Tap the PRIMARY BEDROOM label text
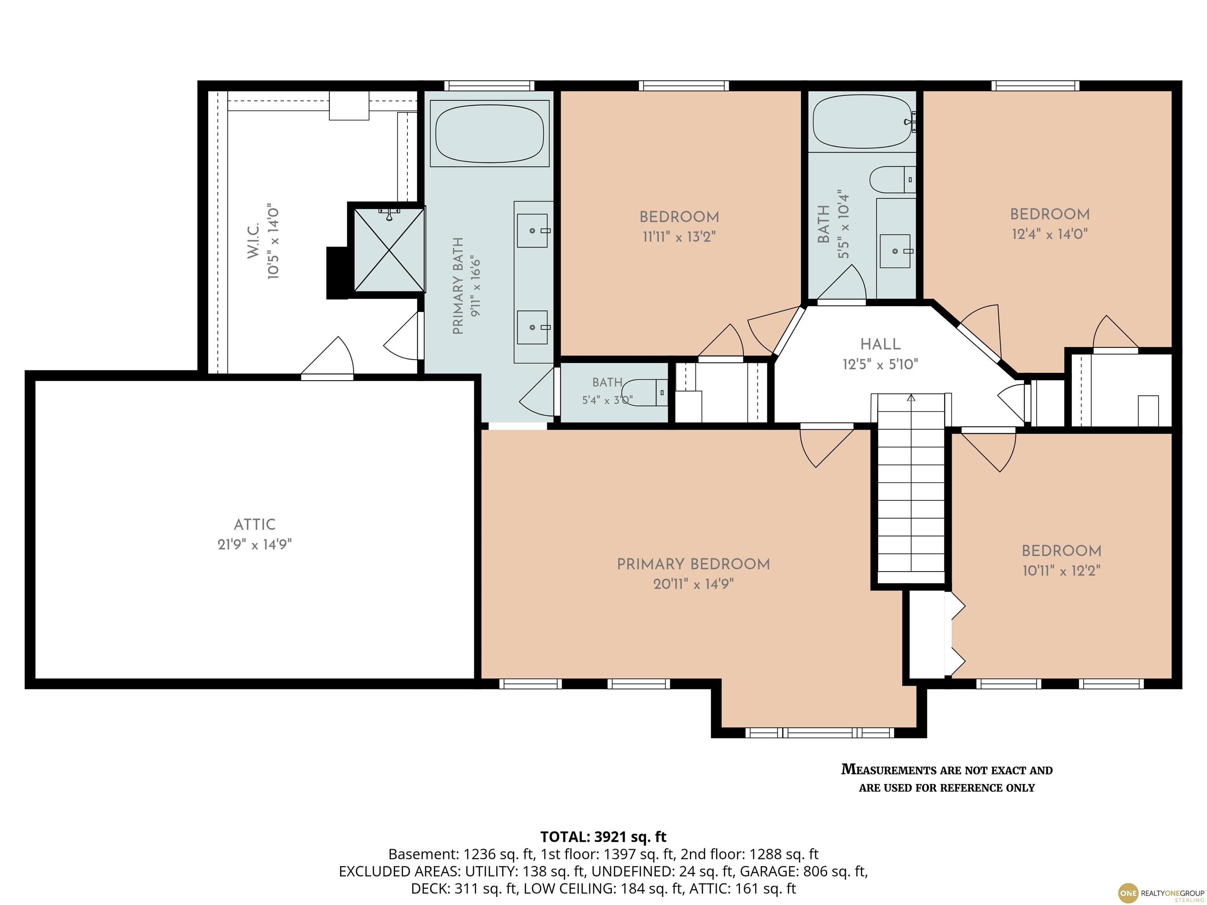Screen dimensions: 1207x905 click(693, 564)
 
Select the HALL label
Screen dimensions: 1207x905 click(880, 344)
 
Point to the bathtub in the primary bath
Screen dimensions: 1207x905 click(490, 133)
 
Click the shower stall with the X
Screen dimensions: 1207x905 click(389, 249)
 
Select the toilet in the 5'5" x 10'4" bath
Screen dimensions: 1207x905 click(893, 180)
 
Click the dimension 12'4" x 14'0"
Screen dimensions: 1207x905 click(1049, 234)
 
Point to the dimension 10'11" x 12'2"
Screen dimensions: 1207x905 click(1061, 571)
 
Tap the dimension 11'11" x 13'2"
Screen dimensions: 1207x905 click(679, 237)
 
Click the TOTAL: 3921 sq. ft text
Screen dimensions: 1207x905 click(603, 837)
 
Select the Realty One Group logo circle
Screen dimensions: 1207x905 click(1128, 893)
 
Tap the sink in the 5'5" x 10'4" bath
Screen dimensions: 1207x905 click(895, 251)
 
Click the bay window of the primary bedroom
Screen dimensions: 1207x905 click(820, 733)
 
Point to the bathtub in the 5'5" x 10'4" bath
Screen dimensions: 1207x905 click(863, 121)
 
